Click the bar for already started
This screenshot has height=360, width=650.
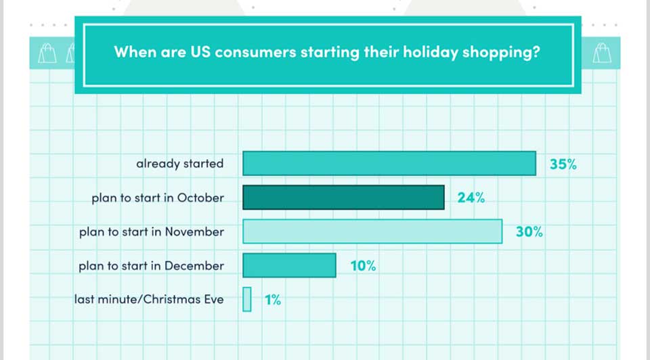(x=389, y=163)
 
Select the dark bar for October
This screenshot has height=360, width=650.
(x=343, y=197)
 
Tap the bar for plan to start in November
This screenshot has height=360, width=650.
(x=372, y=231)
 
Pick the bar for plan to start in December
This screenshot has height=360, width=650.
(x=289, y=265)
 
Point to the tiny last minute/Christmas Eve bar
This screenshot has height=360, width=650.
(x=246, y=299)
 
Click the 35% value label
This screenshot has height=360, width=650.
(x=563, y=164)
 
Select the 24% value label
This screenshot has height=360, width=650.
(x=471, y=198)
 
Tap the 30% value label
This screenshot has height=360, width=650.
(x=529, y=231)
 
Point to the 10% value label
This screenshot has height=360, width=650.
(x=363, y=265)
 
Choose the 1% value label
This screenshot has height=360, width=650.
(x=273, y=300)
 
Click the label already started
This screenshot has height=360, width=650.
(x=180, y=164)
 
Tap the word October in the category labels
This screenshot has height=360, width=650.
(x=200, y=198)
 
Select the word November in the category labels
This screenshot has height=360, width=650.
(x=194, y=231)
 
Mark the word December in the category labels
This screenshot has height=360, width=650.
(x=194, y=265)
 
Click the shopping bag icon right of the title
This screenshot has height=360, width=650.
(x=601, y=53)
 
